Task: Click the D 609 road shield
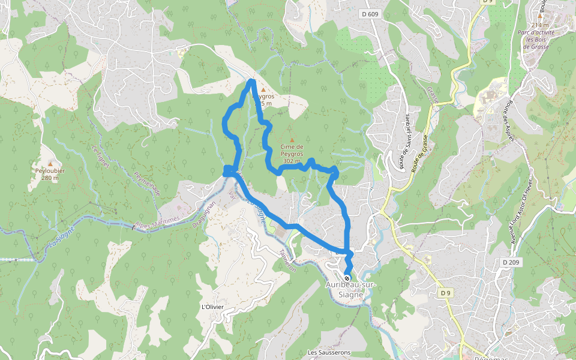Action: (370, 13)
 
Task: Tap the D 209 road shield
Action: (511, 262)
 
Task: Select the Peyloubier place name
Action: (50, 170)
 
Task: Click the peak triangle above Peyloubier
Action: (50, 163)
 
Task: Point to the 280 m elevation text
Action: (50, 178)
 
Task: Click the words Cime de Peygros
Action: (292, 150)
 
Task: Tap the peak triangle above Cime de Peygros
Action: (292, 140)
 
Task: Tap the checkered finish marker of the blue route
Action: (347, 278)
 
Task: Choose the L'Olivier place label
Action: (213, 307)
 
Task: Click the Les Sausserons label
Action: (329, 352)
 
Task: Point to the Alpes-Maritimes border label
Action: (158, 221)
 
